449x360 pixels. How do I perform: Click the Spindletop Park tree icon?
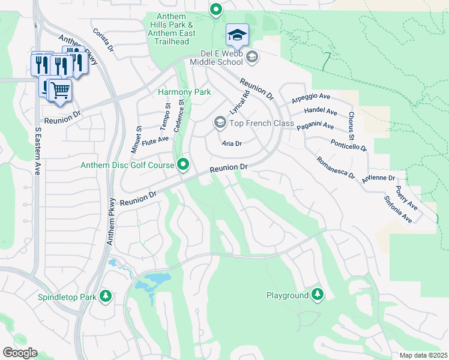106,296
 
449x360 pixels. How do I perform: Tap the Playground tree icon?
317,295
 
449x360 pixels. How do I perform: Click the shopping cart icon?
59,91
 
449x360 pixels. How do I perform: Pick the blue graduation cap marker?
237,35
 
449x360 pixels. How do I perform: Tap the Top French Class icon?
220,123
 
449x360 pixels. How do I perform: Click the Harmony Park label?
184,92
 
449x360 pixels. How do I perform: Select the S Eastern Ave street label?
37,147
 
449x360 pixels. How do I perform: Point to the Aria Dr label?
231,143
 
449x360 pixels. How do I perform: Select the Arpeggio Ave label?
311,97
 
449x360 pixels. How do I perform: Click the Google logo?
20,353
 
